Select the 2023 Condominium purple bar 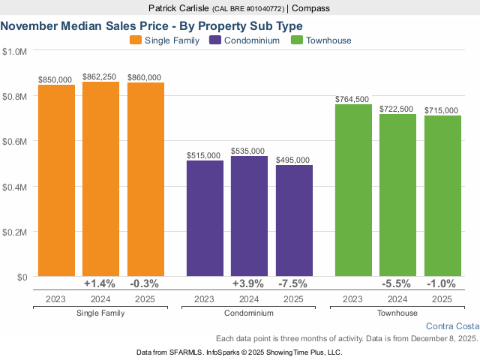point(205,218)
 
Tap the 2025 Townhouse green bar point(442,196)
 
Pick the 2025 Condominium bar point(294,220)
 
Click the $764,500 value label point(353,99)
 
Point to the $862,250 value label point(100,76)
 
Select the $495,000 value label point(294,160)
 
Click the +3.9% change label point(249,284)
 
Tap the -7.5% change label point(294,284)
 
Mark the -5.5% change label point(397,284)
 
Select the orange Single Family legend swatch point(136,40)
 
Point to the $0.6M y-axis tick point(15,141)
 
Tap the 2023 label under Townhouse point(353,298)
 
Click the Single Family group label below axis point(100,313)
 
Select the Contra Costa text point(451,326)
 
